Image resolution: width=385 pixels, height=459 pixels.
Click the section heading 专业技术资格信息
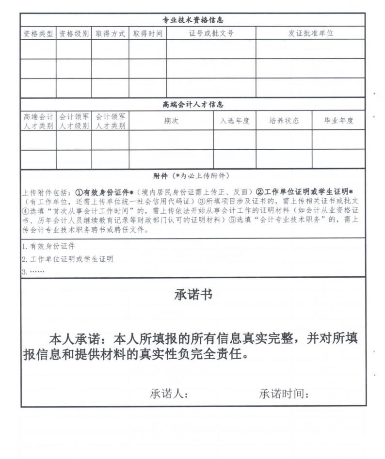click(x=192, y=20)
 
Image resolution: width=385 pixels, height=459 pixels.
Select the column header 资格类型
click(x=38, y=33)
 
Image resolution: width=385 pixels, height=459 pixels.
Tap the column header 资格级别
click(x=74, y=33)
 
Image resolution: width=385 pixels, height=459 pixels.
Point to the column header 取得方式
click(x=110, y=33)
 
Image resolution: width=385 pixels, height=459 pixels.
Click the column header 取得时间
click(x=147, y=33)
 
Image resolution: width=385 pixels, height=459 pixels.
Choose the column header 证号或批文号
click(x=211, y=33)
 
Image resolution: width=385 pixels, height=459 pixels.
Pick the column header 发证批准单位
click(x=310, y=33)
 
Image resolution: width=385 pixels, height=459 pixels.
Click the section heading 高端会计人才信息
click(x=192, y=104)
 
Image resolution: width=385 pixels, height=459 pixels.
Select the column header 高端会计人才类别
click(x=38, y=121)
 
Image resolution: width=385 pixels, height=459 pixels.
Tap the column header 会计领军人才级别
click(x=74, y=121)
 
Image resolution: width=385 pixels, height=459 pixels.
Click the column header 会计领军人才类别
click(x=110, y=121)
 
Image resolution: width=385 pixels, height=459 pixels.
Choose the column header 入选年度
click(x=235, y=121)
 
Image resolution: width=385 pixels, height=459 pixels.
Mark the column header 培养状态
click(x=284, y=121)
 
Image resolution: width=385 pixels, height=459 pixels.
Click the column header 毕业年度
click(x=338, y=121)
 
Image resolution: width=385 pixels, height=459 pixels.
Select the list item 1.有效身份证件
click(x=48, y=246)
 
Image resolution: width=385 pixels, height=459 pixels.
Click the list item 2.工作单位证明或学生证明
click(x=67, y=259)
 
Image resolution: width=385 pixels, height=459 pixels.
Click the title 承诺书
click(x=192, y=295)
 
